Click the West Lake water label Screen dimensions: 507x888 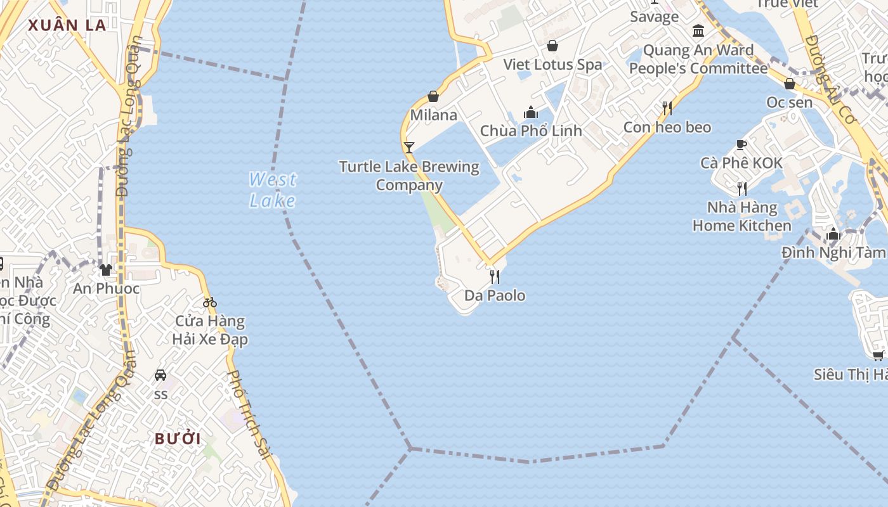[272, 190]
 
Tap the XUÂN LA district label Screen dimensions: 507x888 [66, 25]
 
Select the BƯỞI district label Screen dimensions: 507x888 [178, 439]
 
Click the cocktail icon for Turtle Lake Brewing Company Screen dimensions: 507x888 [409, 148]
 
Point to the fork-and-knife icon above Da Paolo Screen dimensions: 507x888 [495, 276]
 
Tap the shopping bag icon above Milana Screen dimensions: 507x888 [433, 96]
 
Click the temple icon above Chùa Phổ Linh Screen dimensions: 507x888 [531, 113]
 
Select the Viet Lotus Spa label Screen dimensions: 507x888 [552, 64]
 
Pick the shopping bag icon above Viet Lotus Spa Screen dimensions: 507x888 [552, 46]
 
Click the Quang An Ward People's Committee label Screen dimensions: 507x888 [698, 59]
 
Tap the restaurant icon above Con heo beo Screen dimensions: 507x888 [667, 108]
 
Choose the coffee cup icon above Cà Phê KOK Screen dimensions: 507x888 [741, 144]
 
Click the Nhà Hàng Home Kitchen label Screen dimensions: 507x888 [741, 216]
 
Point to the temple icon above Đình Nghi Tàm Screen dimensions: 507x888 [833, 234]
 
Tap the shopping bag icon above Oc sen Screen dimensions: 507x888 [790, 84]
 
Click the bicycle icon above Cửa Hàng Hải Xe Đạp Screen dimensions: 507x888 [210, 302]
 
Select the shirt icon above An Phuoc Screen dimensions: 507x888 [106, 270]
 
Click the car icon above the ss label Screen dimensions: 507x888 [160, 375]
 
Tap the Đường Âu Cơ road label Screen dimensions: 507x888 [831, 79]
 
